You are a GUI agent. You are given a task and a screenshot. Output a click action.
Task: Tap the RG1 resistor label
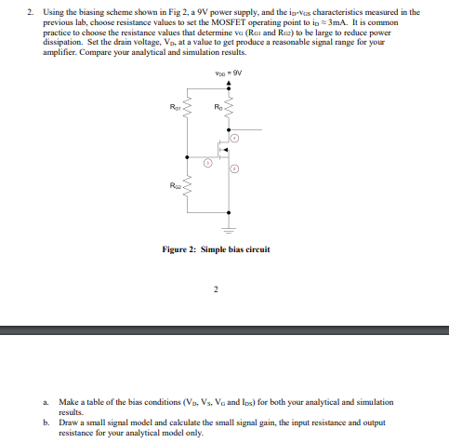click(177, 107)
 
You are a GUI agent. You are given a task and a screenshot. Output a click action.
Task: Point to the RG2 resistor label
click(177, 186)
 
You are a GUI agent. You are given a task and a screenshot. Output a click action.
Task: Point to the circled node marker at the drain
click(235, 137)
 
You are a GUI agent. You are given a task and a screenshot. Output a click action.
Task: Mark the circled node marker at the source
click(235, 169)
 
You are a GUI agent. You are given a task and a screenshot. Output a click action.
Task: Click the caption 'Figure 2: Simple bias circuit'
click(215, 250)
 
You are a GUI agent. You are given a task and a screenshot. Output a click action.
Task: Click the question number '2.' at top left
click(31, 12)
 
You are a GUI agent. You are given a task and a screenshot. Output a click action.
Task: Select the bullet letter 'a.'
click(46, 400)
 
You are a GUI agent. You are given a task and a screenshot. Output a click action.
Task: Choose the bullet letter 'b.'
click(46, 421)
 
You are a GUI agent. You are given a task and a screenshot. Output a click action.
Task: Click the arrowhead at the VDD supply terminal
click(229, 80)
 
